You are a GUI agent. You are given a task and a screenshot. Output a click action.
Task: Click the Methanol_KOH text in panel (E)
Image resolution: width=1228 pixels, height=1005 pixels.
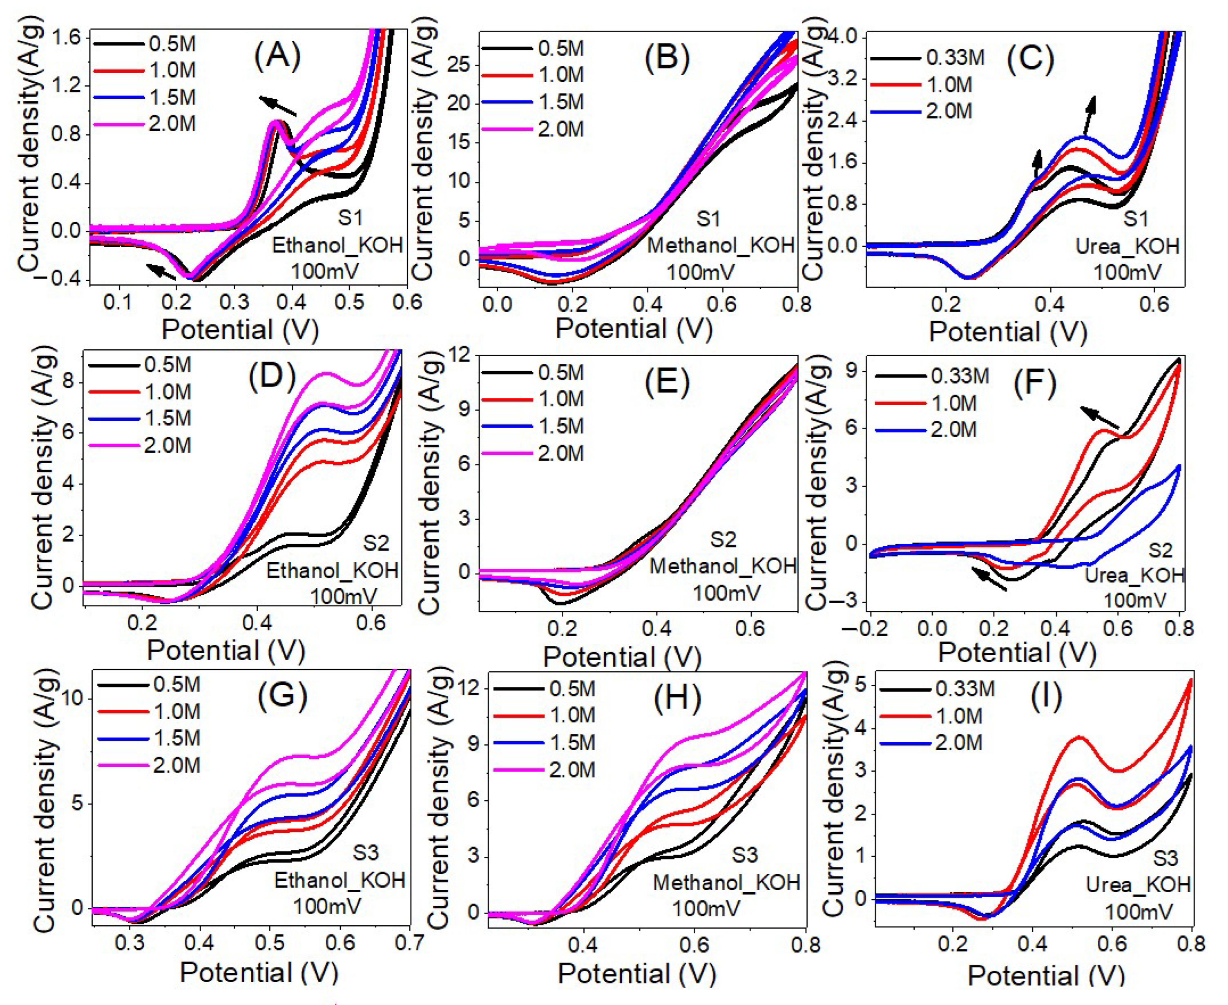pos(723,566)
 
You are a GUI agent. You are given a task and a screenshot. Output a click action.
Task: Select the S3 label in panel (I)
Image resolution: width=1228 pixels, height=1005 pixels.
pos(1165,858)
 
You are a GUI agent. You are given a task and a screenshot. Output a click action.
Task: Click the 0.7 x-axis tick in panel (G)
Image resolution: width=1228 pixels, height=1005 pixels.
pos(409,943)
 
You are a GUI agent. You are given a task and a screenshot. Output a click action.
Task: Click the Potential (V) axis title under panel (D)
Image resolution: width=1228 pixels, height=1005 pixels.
pos(226,651)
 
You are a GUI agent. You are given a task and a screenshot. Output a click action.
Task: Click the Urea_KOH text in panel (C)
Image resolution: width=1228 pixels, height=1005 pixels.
pos(1127,247)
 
